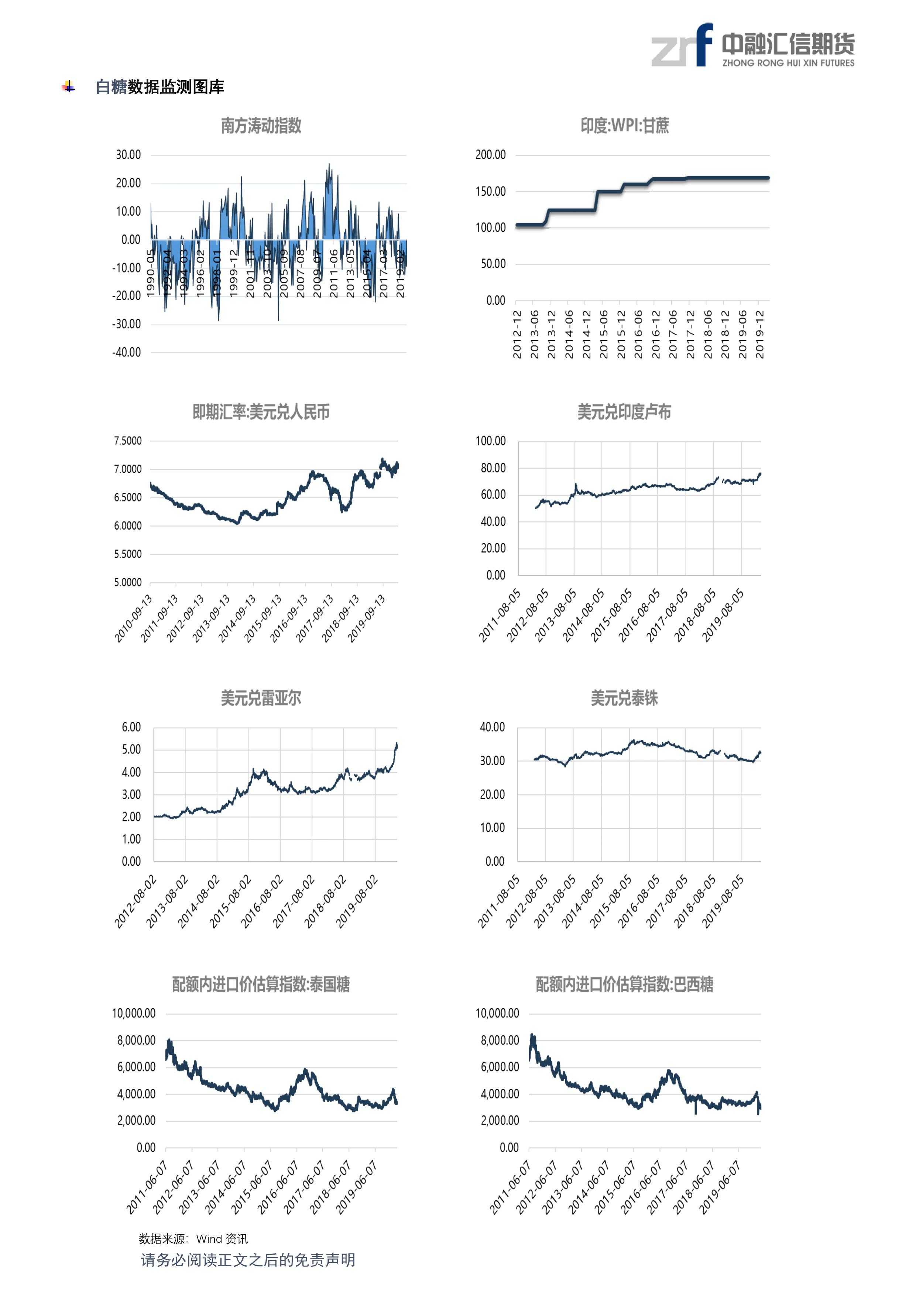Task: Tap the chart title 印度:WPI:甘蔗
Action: pyautogui.click(x=624, y=125)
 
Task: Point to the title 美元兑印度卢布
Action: pyautogui.click(x=624, y=412)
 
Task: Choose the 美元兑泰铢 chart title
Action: pyautogui.click(x=624, y=698)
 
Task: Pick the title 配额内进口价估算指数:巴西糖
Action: pyautogui.click(x=624, y=984)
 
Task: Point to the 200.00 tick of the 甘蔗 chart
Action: pyautogui.click(x=490, y=155)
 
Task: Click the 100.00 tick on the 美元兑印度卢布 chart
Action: pyautogui.click(x=490, y=441)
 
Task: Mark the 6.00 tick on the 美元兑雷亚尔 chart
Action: pyautogui.click(x=131, y=727)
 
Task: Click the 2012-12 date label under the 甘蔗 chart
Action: pyautogui.click(x=517, y=334)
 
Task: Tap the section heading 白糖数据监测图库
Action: pyautogui.click(x=160, y=87)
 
